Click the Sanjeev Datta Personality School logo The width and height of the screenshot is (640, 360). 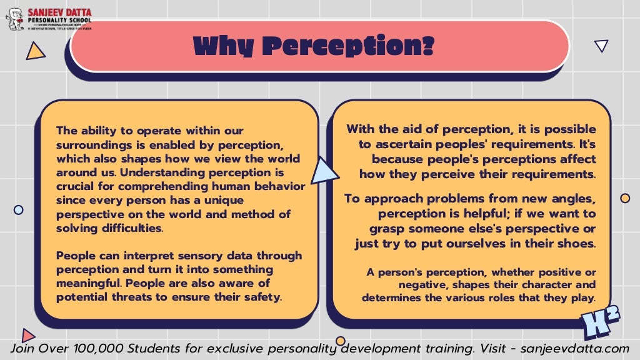48,19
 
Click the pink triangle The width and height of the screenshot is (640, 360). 27,335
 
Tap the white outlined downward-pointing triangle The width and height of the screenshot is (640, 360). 601,45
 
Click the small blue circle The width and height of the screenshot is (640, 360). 19,210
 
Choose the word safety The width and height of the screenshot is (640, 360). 262,296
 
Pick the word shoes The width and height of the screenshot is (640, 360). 577,243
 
